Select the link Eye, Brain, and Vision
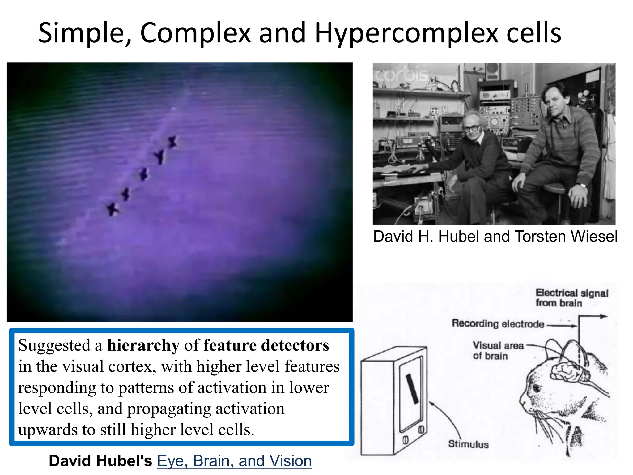click(234, 461)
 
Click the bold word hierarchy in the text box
click(143, 345)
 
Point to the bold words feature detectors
click(266, 345)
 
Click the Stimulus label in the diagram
click(468, 444)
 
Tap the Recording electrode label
click(498, 324)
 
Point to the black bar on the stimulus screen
click(412, 389)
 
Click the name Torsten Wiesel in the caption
click(566, 237)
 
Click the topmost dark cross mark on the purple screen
click(172, 142)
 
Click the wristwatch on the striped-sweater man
click(583, 186)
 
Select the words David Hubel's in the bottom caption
click(100, 461)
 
